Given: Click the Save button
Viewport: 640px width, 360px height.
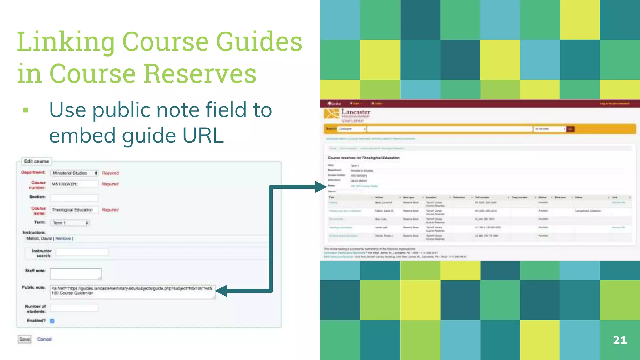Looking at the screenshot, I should [x=24, y=339].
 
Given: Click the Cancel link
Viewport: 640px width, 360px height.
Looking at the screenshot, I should [x=44, y=339].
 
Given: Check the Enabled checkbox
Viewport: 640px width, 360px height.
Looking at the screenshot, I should [x=52, y=321].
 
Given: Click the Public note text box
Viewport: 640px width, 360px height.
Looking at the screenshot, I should [x=132, y=291].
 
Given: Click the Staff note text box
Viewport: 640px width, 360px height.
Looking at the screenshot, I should [x=76, y=274].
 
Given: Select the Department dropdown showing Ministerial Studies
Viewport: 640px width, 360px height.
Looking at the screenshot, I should [x=74, y=173].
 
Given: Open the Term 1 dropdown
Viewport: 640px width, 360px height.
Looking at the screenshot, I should [x=70, y=223].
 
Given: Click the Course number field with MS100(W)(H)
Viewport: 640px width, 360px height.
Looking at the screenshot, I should [x=74, y=184].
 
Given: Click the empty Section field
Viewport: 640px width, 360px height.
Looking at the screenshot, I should [x=74, y=197].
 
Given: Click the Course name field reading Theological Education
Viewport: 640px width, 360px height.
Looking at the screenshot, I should [x=74, y=210].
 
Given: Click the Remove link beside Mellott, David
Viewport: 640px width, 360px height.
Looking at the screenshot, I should [x=63, y=238].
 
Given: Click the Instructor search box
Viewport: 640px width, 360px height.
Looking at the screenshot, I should [x=82, y=252].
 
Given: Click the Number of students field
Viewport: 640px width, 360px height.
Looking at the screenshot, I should [x=74, y=308].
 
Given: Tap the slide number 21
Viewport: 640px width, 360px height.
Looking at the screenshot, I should [x=620, y=340].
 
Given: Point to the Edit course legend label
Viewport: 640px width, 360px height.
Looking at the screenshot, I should [x=37, y=161].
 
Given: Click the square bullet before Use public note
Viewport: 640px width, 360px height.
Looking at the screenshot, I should [x=26, y=110].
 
